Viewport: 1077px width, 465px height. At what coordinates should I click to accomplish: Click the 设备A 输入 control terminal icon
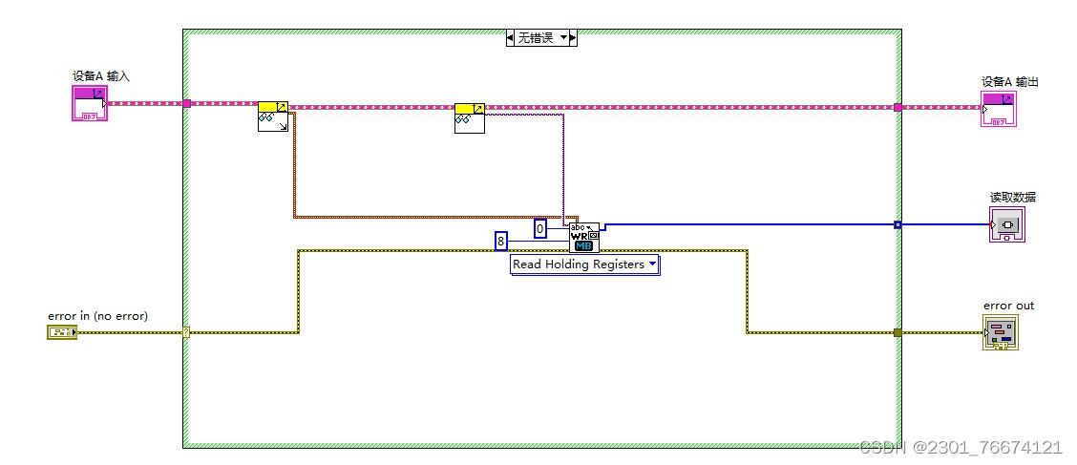[x=90, y=103]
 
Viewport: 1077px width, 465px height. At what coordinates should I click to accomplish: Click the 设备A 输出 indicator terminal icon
[x=998, y=110]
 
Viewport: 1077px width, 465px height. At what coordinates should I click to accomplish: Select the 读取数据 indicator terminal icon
[x=1007, y=224]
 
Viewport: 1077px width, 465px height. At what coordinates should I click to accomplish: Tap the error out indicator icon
[x=1000, y=332]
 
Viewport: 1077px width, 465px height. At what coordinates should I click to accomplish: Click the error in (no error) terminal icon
[x=61, y=332]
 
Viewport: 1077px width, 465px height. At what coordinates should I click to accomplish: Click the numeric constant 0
[x=540, y=228]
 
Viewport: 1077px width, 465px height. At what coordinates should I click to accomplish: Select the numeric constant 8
[x=501, y=241]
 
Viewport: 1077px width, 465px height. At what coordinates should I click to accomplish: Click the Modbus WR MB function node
[x=584, y=237]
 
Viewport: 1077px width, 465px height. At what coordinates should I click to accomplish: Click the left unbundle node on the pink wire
[x=273, y=116]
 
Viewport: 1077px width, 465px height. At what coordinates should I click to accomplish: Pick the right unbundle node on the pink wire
[x=469, y=117]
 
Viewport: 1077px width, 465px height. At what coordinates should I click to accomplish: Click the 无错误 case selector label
[x=536, y=38]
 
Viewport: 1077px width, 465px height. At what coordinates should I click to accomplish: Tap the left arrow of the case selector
[x=511, y=38]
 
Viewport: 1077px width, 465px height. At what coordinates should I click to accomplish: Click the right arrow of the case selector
[x=573, y=38]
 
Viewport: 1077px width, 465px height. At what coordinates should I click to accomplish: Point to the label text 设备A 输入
[x=95, y=75]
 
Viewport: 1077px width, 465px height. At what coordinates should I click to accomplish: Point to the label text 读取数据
[x=1012, y=197]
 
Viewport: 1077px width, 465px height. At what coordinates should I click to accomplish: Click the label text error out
[x=1008, y=306]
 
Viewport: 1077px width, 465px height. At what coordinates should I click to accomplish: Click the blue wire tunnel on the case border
[x=897, y=225]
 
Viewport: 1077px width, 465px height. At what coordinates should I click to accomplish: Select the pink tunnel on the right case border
[x=897, y=107]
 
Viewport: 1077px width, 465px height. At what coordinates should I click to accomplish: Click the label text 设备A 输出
[x=1009, y=82]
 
